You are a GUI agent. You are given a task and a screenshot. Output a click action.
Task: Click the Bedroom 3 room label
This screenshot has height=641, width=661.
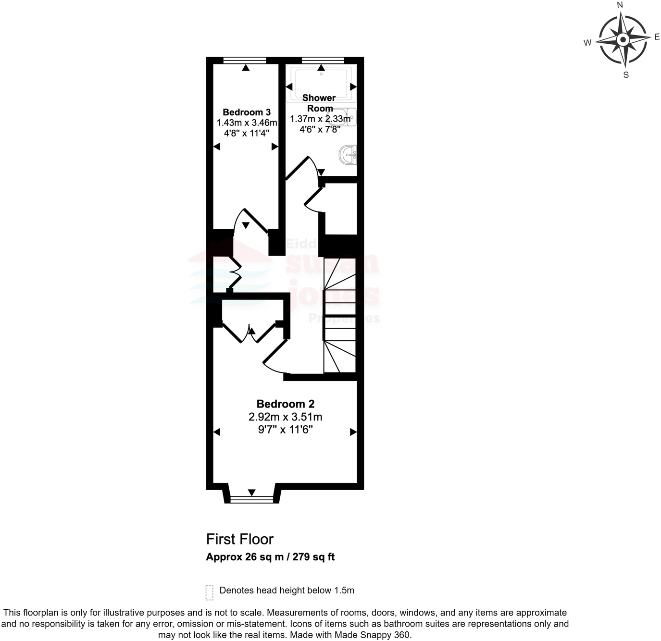(246, 112)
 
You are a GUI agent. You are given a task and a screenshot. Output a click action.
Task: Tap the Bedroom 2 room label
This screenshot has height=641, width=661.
(285, 404)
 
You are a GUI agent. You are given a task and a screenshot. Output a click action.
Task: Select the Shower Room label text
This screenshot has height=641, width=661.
(319, 103)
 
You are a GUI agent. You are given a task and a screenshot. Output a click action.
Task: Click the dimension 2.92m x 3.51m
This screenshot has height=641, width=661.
(285, 417)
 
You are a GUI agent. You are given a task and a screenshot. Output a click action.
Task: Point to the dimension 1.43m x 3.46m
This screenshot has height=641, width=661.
(247, 123)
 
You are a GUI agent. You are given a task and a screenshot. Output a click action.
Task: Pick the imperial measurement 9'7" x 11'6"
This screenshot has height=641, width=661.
(285, 430)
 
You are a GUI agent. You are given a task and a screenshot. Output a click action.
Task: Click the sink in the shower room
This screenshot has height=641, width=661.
(348, 155)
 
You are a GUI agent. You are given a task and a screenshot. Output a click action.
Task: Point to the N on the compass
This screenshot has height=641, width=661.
(620, 5)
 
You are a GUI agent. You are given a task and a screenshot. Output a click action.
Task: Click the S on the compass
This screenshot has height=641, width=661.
(626, 75)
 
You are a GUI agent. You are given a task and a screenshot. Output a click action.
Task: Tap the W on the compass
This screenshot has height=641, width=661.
(587, 43)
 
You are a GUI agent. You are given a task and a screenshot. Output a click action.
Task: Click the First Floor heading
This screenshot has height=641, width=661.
(239, 539)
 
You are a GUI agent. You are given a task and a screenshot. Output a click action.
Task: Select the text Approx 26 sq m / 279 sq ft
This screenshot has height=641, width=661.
(270, 557)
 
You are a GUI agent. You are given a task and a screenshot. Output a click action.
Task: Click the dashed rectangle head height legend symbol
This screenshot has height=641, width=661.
(209, 592)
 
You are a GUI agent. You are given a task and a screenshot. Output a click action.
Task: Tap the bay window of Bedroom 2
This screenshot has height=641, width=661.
(252, 499)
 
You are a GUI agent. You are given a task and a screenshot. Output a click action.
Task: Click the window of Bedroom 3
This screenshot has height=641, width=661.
(245, 61)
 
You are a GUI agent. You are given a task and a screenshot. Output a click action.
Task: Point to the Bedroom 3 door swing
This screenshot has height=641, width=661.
(250, 221)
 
